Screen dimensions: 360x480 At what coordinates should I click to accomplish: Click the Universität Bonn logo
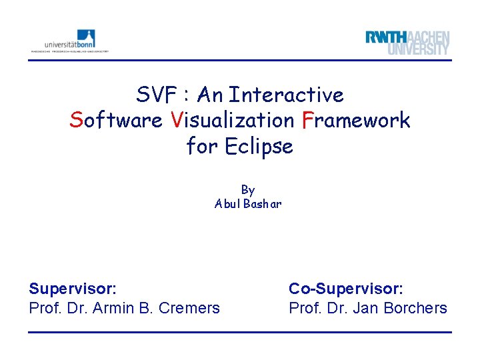click(x=69, y=41)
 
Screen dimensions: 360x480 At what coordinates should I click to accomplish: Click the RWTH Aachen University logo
click(x=407, y=43)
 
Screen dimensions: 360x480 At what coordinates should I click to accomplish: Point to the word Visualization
click(x=232, y=121)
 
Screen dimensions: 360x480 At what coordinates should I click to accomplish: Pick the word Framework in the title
click(x=355, y=121)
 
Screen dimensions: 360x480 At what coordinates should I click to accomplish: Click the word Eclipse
click(x=258, y=146)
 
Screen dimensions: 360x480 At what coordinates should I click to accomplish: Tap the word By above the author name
click(x=248, y=190)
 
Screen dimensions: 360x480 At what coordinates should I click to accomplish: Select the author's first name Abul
click(x=227, y=204)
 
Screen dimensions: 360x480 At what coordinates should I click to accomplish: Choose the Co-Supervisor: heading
click(x=345, y=289)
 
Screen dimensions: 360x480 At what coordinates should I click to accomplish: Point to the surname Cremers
click(x=191, y=308)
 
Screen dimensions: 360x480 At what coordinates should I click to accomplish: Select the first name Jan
click(x=365, y=308)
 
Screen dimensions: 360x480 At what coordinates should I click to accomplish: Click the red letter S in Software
click(x=76, y=121)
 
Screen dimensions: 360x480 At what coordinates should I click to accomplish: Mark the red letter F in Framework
click(x=307, y=121)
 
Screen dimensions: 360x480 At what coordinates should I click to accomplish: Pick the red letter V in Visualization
click(x=176, y=121)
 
